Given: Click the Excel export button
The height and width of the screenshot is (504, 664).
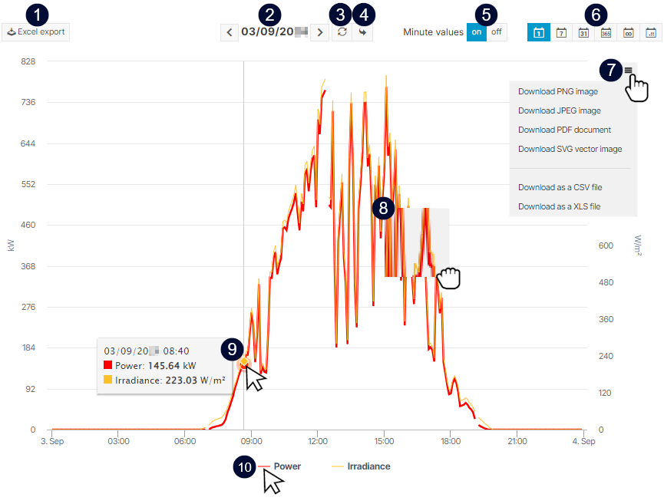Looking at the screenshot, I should [36, 32].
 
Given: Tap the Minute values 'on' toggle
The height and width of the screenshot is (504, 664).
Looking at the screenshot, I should [477, 32].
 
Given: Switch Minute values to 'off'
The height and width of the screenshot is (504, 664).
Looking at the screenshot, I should [497, 32].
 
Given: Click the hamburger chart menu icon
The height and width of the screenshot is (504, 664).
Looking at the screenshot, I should [628, 71].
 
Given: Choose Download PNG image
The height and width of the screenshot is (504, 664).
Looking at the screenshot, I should [557, 91].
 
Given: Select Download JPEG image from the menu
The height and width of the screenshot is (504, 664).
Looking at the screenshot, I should [559, 110].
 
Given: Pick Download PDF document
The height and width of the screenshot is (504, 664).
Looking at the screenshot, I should [564, 130].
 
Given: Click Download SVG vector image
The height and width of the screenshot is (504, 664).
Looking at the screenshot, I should [570, 149].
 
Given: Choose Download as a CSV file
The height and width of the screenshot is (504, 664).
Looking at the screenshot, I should [560, 187].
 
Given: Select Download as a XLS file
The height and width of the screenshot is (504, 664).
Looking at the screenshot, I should [559, 206].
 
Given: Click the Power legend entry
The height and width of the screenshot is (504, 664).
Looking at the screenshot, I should [286, 466].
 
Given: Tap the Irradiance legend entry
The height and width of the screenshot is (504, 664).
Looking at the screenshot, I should [368, 466].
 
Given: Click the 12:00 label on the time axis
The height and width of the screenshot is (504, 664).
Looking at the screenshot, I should [318, 441].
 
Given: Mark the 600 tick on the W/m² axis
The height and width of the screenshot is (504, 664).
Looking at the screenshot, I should [606, 246].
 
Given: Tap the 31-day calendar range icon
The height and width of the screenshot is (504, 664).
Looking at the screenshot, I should [583, 32].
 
